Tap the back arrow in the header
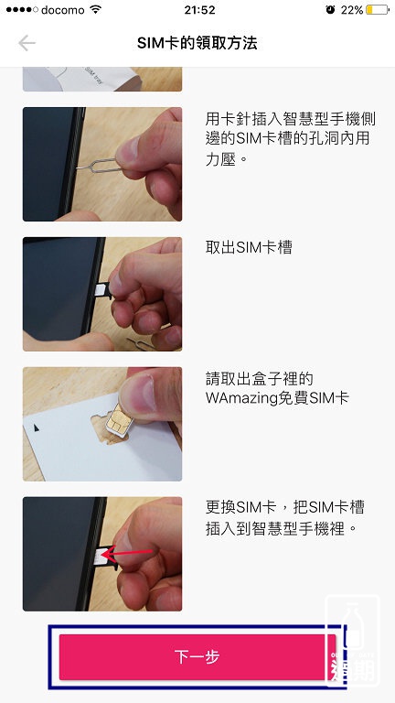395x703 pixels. point(27,43)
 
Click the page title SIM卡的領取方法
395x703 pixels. point(197,44)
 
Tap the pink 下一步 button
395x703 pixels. point(197,657)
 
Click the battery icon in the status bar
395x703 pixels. point(378,9)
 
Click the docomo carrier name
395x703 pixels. point(63,10)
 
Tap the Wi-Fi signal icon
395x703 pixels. point(95,9)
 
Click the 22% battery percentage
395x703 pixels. point(351,10)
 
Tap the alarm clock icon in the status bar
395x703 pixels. point(330,10)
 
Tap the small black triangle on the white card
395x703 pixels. point(37,428)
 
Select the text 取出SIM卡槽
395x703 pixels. point(249,247)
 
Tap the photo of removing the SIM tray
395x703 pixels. point(102,294)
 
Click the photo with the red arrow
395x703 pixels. point(102,554)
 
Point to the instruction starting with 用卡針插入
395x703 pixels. point(290,139)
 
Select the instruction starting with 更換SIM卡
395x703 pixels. point(285,518)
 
